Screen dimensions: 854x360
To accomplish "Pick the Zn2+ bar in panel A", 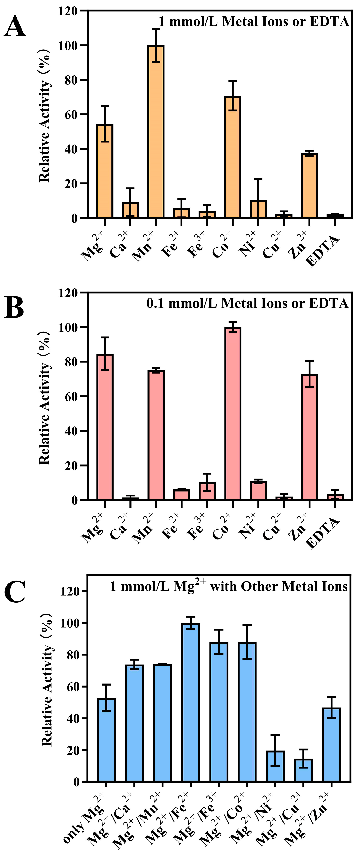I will (x=309, y=186).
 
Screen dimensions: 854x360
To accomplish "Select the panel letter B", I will (x=14, y=308).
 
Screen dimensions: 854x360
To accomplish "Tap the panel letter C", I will (x=15, y=592).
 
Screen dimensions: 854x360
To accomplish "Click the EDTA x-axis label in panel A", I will (x=323, y=251).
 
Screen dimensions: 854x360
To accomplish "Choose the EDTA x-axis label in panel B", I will (x=323, y=533).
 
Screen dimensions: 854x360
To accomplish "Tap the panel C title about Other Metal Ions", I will (x=229, y=587).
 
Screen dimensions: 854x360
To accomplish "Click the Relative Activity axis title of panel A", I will (x=45, y=116).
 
